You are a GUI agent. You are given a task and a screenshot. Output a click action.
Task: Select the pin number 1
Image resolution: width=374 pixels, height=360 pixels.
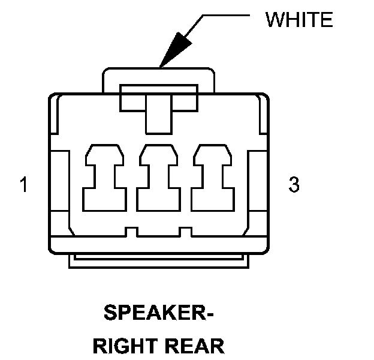[23, 185]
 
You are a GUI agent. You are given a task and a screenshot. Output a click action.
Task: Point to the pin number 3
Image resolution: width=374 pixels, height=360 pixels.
[294, 185]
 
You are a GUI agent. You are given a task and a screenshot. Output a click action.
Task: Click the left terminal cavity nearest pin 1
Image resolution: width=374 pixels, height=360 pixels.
[105, 176]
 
